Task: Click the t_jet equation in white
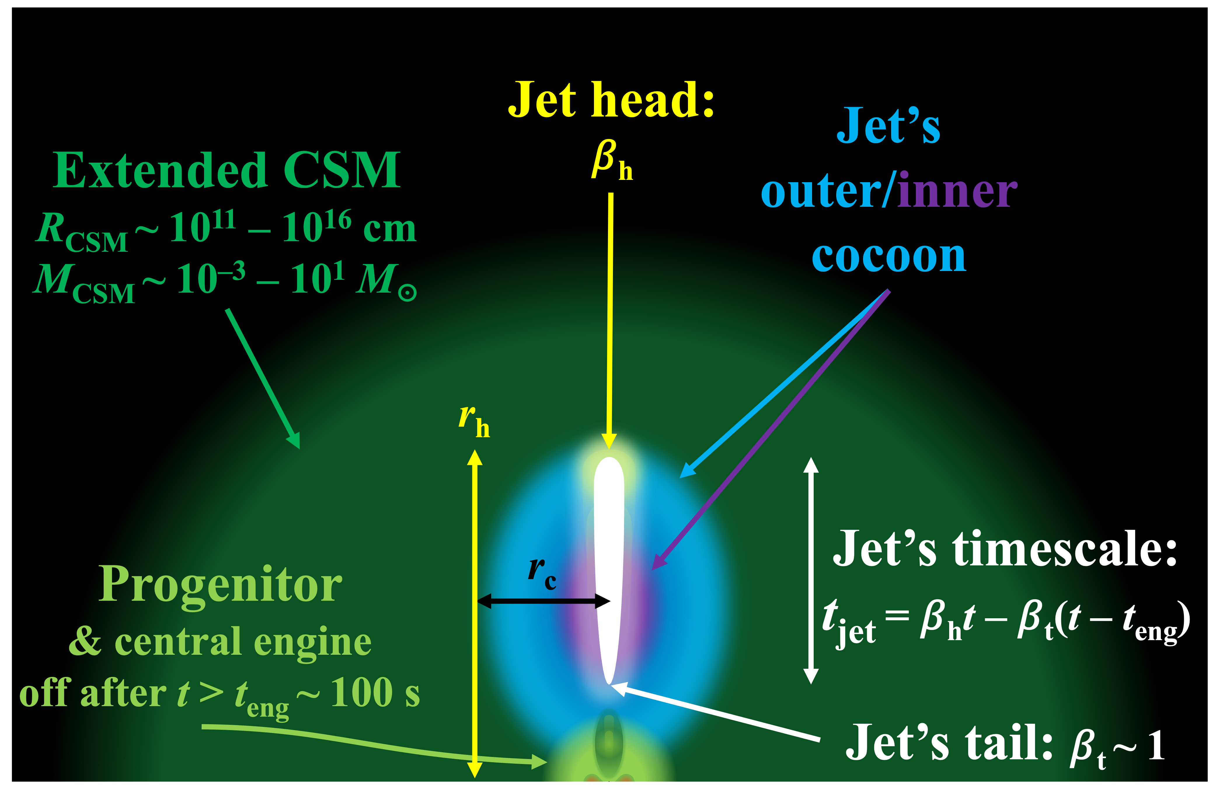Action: pos(1006,621)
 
